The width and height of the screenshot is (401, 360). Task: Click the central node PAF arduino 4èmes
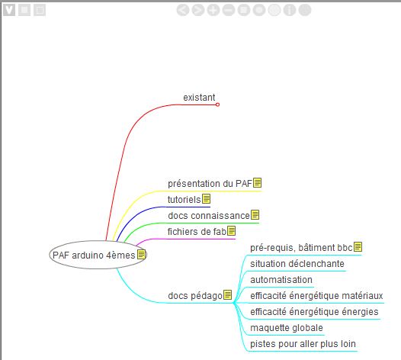98,255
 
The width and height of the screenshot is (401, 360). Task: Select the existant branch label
199,98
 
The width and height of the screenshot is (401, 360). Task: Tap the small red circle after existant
217,104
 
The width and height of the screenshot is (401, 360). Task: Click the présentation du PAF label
210,184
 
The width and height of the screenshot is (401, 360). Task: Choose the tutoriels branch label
184,199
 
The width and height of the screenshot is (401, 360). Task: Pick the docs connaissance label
209,215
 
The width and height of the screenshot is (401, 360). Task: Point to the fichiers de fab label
197,232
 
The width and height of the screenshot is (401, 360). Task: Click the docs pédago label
195,295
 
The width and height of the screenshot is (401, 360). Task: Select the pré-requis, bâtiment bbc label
301,248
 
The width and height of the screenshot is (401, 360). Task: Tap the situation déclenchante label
297,264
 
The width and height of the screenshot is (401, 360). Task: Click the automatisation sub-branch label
281,280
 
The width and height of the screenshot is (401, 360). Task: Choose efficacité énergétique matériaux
316,296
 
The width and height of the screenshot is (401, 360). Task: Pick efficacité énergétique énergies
314,312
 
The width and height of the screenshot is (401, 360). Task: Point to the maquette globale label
287,328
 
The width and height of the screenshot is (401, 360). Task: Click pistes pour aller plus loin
303,344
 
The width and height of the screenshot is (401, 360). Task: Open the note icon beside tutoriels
206,199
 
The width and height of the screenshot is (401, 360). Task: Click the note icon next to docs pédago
228,294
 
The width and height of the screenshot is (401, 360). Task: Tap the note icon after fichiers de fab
232,231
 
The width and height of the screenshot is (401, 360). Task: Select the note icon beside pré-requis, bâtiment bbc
358,247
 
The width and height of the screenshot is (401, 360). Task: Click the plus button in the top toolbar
213,10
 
